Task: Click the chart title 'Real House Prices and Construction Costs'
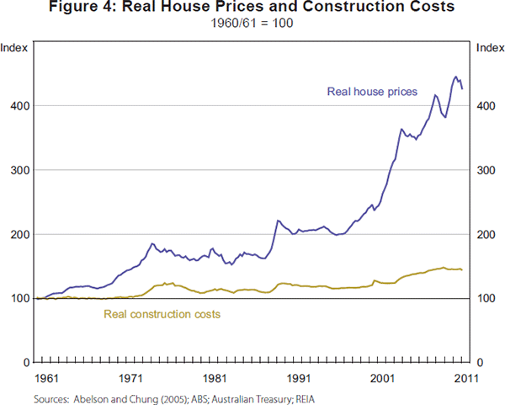tap(252, 8)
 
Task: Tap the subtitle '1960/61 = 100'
tap(252, 23)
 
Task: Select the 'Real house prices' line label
tap(372, 92)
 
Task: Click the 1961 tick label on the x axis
tap(46, 379)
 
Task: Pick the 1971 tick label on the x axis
tap(130, 379)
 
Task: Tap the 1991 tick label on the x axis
tap(295, 379)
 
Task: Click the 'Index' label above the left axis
tap(16, 47)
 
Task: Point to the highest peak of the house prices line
tap(456, 77)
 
